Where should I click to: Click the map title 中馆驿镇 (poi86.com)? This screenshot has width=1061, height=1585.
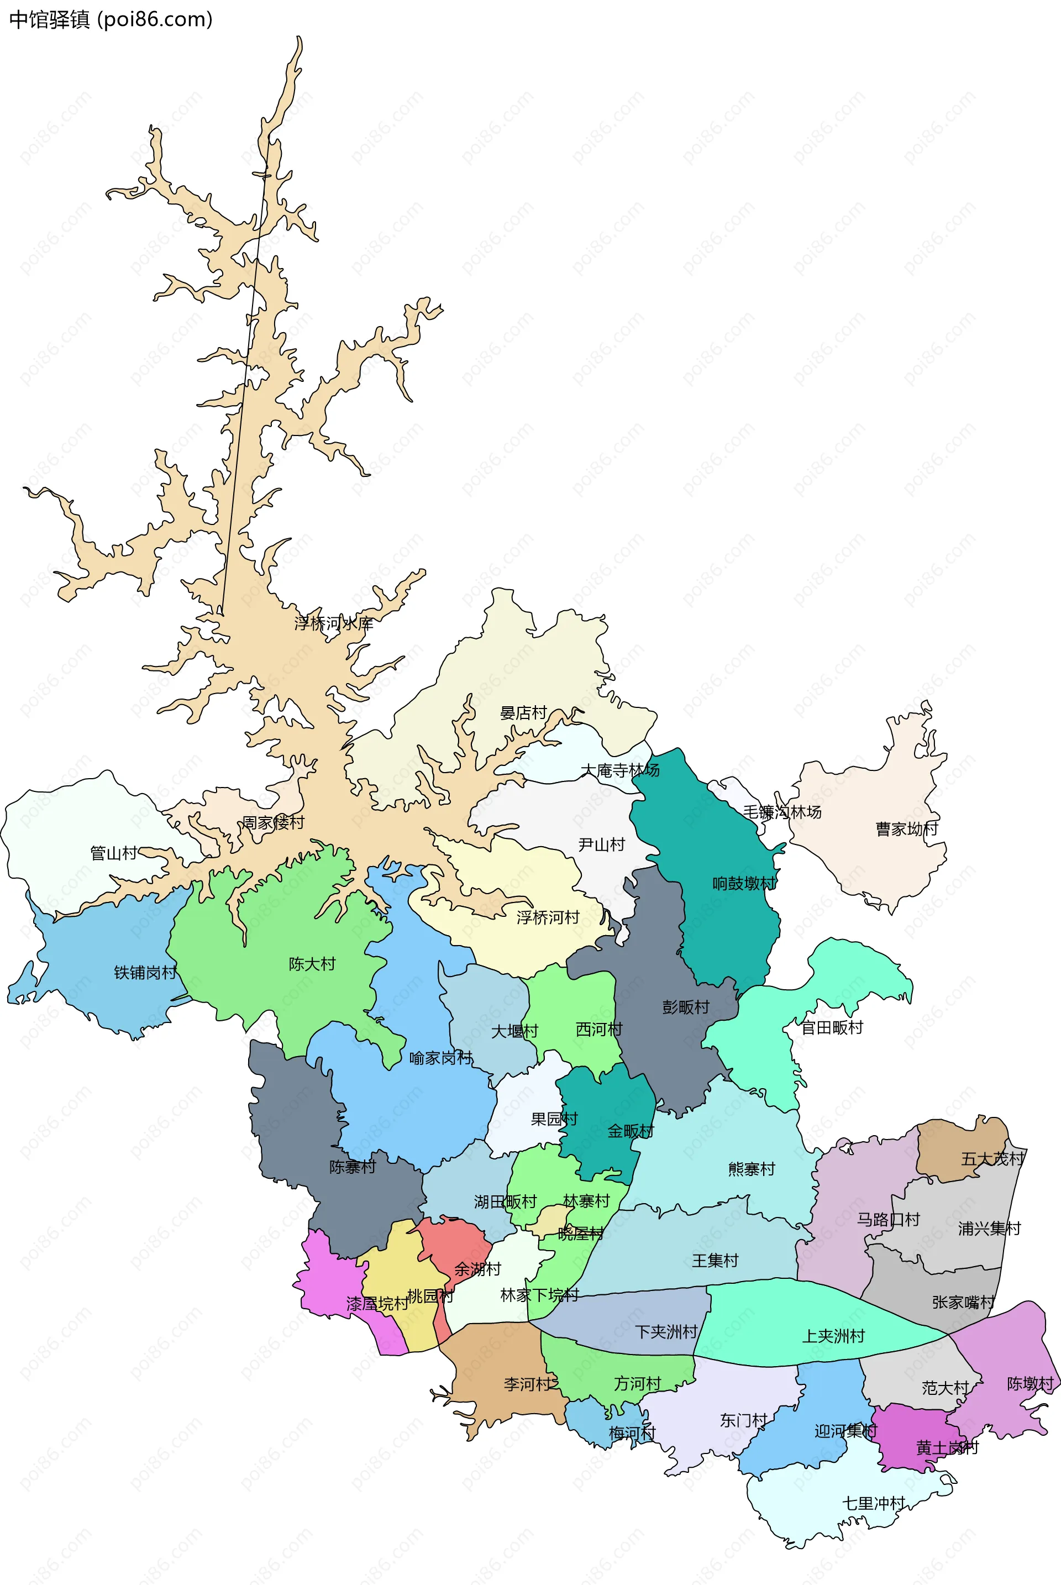[111, 19]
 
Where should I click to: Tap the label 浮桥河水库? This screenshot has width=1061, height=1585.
[334, 623]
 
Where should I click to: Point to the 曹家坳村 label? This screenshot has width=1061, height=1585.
[907, 829]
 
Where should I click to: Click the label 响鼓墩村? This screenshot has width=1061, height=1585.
[744, 883]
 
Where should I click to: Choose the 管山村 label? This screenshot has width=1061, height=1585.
[114, 853]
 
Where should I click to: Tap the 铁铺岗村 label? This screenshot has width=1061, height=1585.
[145, 973]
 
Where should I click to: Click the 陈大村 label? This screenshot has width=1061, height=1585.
[312, 964]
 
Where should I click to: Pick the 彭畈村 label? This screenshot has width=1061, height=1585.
[685, 1007]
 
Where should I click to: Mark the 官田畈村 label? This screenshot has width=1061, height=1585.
[832, 1027]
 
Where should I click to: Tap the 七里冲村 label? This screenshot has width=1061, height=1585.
[874, 1503]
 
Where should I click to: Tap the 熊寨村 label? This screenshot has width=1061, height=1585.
[751, 1169]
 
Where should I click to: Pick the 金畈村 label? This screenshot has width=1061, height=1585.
[630, 1131]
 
